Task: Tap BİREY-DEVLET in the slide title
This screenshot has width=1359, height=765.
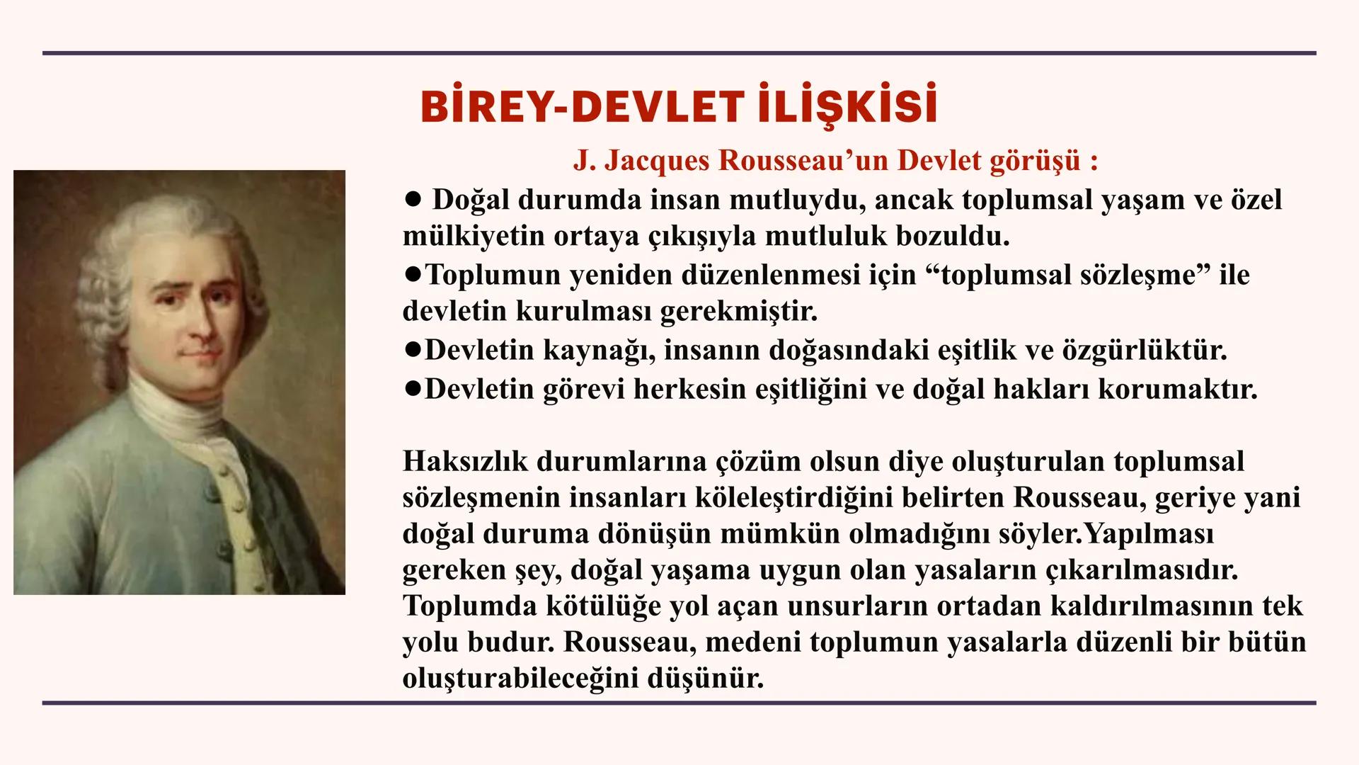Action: pos(578,108)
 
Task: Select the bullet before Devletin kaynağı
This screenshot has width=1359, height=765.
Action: pos(412,350)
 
